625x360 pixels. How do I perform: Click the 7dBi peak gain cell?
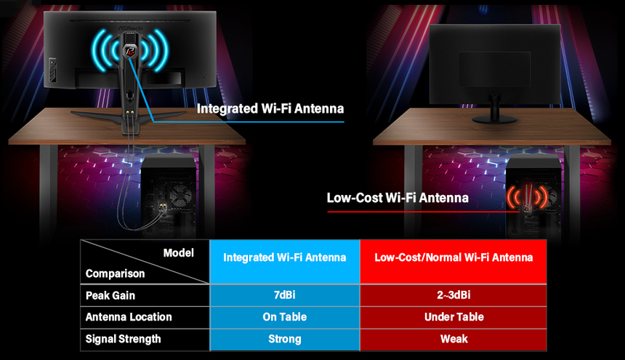pos(284,296)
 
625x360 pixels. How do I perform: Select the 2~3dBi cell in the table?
pos(453,296)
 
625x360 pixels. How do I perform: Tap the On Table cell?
pos(284,317)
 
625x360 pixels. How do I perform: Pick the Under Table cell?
pos(453,317)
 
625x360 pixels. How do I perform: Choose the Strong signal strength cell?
pos(284,339)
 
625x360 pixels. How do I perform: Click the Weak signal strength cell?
pos(453,339)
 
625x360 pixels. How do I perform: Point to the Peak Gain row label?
pos(110,296)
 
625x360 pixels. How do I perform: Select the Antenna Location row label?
pos(129,317)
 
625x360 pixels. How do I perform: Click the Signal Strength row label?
pos(123,339)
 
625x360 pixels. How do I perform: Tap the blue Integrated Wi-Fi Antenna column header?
pos(284,257)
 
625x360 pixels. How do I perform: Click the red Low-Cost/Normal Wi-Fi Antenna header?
pos(453,257)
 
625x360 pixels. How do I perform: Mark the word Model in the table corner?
pos(178,253)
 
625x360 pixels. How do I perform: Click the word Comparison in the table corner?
pos(115,274)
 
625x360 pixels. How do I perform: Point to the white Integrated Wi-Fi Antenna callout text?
pos(270,109)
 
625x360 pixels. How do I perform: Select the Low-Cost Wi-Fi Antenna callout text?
pos(398,197)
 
